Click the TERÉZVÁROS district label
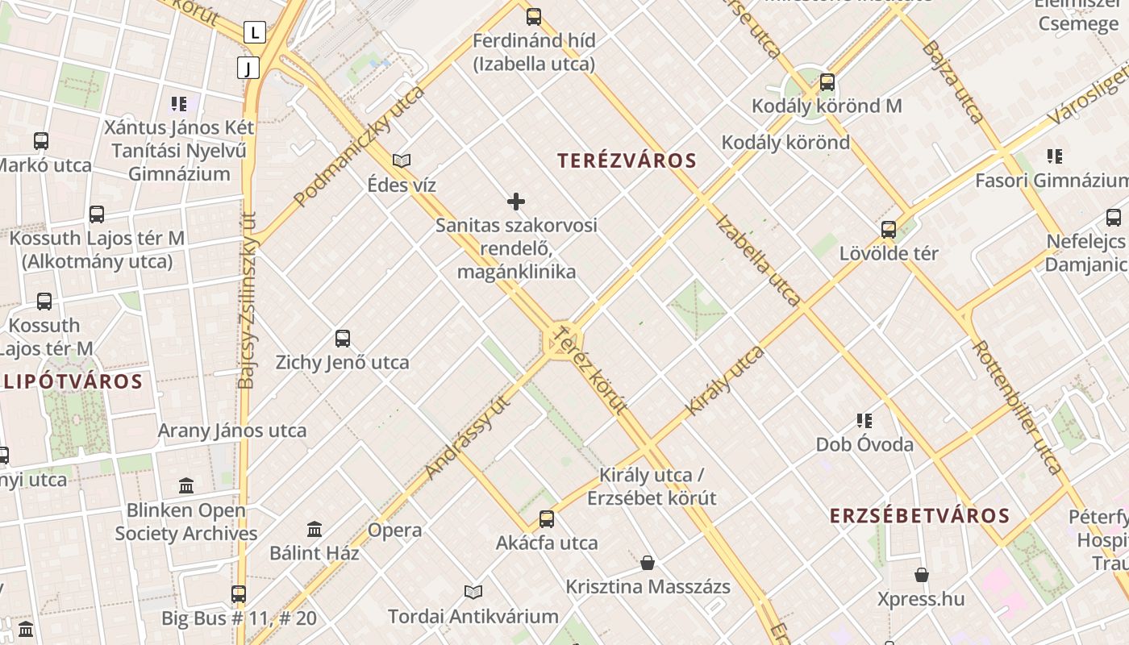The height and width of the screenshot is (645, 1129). pos(627,160)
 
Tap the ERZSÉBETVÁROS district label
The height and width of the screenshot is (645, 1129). pos(919,516)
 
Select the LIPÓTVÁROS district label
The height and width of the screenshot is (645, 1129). pos(73,381)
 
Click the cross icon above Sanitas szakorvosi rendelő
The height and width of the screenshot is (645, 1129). pos(516,202)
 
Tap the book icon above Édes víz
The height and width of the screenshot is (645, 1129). pos(402,161)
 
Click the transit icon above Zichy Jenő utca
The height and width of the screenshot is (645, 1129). pos(343,339)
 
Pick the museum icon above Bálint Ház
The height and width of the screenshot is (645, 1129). pos(315,530)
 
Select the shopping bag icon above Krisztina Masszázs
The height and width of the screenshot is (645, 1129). pos(648,563)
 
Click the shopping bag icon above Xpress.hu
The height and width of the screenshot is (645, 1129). pos(922,575)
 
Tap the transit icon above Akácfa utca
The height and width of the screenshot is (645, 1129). pos(547,519)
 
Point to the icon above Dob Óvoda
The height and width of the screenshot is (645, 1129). pos(864,421)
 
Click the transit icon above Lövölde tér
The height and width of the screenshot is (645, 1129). pos(889,230)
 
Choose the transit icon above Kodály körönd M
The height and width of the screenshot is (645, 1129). pos(827,82)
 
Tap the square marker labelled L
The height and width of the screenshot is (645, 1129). pos(255,33)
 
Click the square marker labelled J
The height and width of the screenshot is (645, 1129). pos(248,68)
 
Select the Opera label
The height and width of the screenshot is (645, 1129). pos(394,531)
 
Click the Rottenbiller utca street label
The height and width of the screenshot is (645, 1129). pos(1018,406)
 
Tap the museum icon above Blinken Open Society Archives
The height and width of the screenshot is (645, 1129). pos(186,486)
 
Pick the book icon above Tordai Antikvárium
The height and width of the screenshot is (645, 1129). pos(473,593)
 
